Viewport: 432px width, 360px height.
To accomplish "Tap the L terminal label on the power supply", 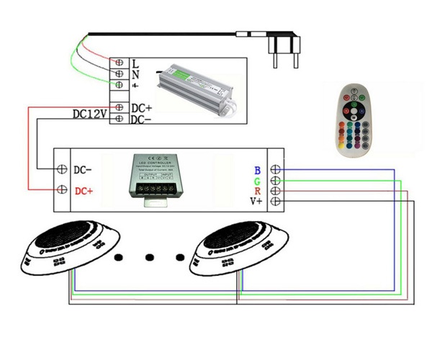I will [x=135, y=63].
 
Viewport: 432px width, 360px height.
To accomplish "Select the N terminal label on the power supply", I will [x=135, y=73].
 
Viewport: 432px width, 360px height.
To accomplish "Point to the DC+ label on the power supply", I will [x=141, y=108].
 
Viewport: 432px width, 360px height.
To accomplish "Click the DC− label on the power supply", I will [x=141, y=120].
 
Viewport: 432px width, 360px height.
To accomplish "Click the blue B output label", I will [x=257, y=171].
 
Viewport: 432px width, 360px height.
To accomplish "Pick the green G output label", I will [x=257, y=181].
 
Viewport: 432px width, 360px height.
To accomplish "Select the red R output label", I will [x=257, y=192].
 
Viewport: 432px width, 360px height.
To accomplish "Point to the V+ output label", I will [x=256, y=202].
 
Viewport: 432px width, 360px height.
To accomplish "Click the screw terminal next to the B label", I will [x=275, y=171].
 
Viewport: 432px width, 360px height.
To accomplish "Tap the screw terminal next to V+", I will [x=275, y=202].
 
